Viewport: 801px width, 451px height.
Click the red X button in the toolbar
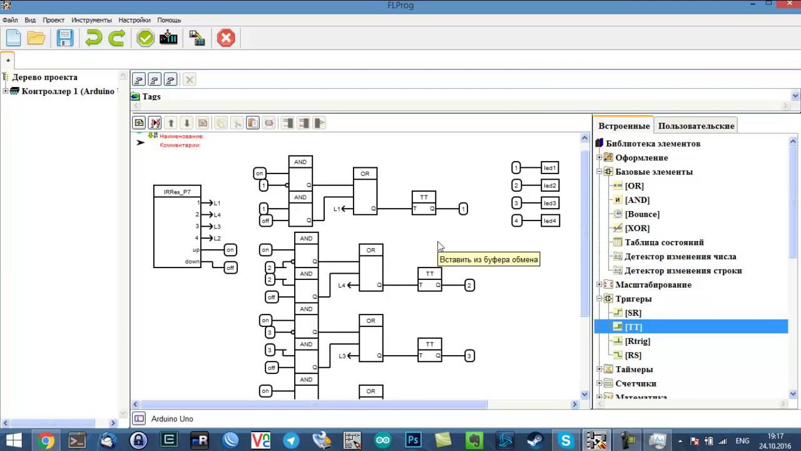click(x=226, y=38)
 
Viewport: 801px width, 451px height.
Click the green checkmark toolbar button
click(x=145, y=38)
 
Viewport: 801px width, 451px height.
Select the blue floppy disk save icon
click(x=65, y=38)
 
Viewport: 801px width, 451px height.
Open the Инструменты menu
click(x=91, y=20)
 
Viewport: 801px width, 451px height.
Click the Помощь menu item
click(x=169, y=20)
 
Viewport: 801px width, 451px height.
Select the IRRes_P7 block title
click(x=177, y=192)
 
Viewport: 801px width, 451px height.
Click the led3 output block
click(x=549, y=203)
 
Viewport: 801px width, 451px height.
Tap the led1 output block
click(x=549, y=168)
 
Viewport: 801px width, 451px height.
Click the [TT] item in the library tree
click(x=633, y=327)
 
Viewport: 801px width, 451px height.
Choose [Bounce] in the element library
click(x=642, y=214)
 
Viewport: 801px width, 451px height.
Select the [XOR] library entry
click(x=637, y=228)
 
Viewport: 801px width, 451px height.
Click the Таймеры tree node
click(x=634, y=370)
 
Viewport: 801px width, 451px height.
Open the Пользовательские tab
click(x=696, y=126)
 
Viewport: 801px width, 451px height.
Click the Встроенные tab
click(x=624, y=126)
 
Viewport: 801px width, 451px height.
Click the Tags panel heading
click(x=151, y=96)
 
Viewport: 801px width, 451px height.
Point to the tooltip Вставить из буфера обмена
click(x=489, y=259)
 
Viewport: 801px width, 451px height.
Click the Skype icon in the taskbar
click(x=567, y=440)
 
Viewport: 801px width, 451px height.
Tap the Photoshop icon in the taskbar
click(x=413, y=440)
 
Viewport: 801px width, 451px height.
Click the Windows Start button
click(x=13, y=440)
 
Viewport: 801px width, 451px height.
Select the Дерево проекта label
click(x=44, y=77)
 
